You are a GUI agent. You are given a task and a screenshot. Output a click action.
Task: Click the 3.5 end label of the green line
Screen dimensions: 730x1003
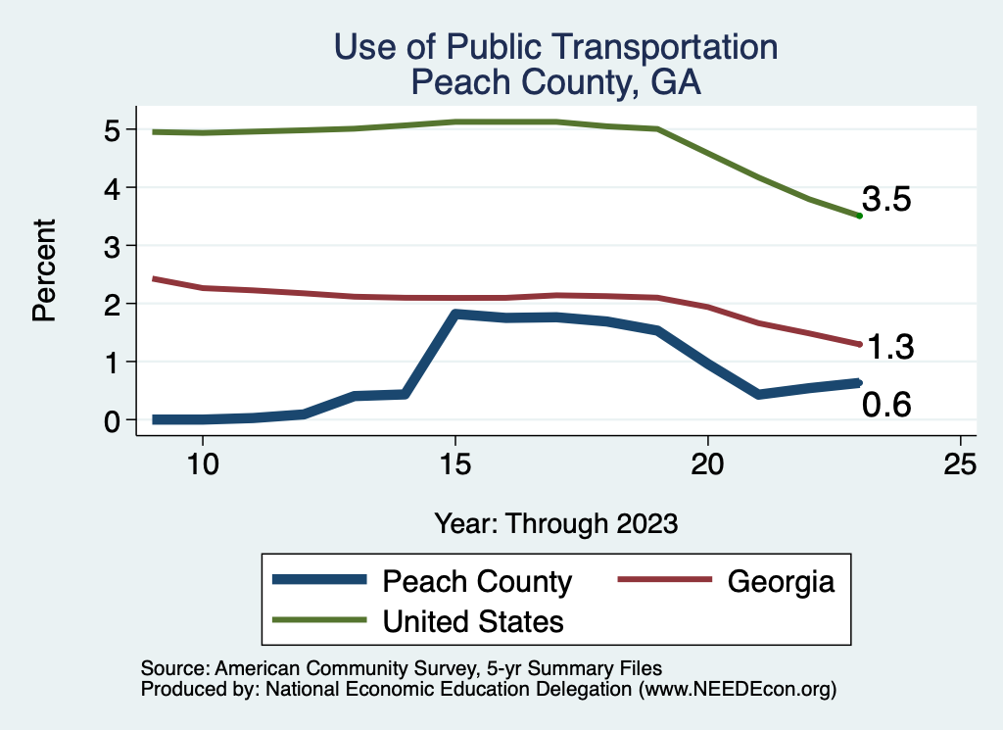pyautogui.click(x=886, y=200)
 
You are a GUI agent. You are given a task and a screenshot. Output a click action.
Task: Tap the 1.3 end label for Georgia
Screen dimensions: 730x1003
pyautogui.click(x=889, y=347)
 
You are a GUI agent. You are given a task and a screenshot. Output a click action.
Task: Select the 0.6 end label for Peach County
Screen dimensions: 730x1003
pyautogui.click(x=886, y=404)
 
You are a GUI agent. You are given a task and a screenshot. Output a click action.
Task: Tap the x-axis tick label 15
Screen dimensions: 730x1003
pyautogui.click(x=455, y=464)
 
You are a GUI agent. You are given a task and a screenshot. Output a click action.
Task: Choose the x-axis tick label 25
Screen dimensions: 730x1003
pyautogui.click(x=961, y=464)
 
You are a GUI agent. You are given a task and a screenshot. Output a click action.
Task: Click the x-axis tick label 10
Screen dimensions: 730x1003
pyautogui.click(x=203, y=464)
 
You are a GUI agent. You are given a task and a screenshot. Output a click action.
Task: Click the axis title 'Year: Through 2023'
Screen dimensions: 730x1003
pyautogui.click(x=555, y=523)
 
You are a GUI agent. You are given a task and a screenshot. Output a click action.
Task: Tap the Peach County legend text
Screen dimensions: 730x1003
pyautogui.click(x=477, y=581)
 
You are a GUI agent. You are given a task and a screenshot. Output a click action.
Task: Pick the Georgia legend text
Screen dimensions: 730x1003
pyautogui.click(x=781, y=581)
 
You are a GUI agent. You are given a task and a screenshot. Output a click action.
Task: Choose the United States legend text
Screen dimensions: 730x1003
pyautogui.click(x=473, y=621)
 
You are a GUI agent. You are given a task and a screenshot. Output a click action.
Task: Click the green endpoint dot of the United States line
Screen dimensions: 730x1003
pyautogui.click(x=859, y=216)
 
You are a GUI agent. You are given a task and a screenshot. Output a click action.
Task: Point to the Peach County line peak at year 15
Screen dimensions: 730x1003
pyautogui.click(x=455, y=315)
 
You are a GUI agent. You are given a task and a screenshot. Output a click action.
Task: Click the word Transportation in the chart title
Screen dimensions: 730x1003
pyautogui.click(x=640, y=47)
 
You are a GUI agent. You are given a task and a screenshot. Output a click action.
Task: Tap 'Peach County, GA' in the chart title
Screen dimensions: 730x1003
pyautogui.click(x=555, y=82)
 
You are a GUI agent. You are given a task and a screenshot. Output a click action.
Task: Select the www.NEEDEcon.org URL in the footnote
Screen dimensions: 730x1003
pyautogui.click(x=738, y=690)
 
